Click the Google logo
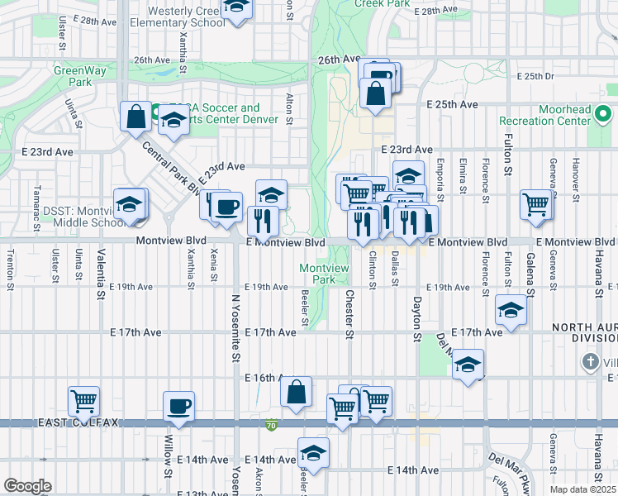tap(27, 485)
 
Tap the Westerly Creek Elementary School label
tap(186, 17)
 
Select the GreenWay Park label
tap(73, 76)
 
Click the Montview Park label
tap(317, 274)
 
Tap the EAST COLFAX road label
tap(78, 422)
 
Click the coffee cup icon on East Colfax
tap(178, 406)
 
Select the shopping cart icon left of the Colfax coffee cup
tap(83, 402)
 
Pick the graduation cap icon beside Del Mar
tap(468, 364)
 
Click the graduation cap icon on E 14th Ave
tap(313, 452)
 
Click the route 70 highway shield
tap(271, 426)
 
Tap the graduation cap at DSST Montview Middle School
tap(129, 204)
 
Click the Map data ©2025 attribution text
tap(583, 489)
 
